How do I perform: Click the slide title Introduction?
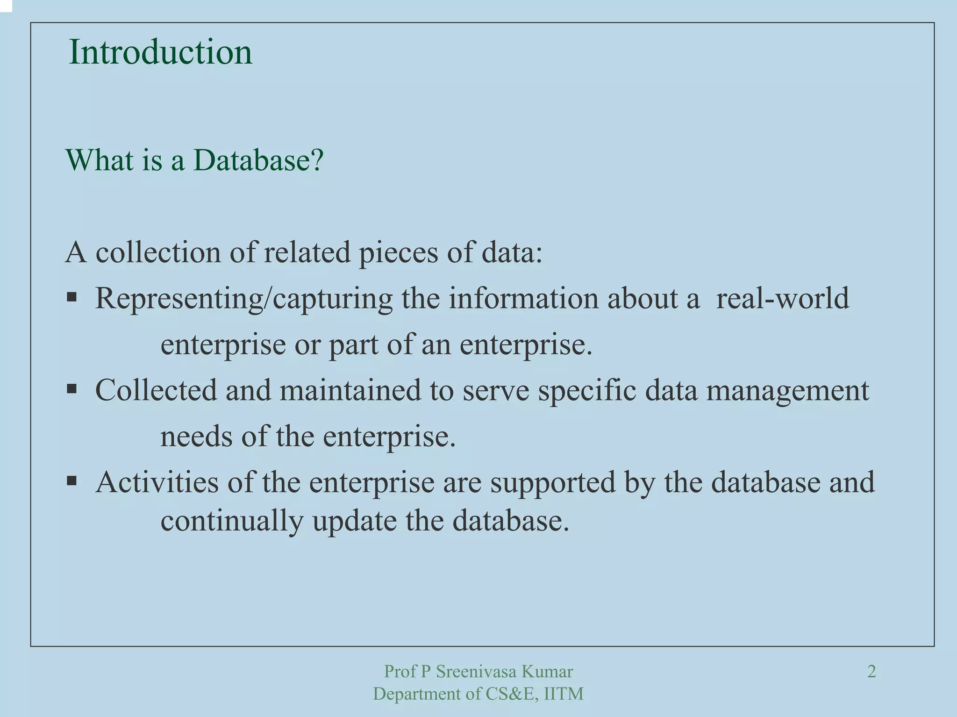160,52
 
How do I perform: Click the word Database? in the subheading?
258,160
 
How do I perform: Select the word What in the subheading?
100,160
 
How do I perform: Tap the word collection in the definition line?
158,252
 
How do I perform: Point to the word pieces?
398,253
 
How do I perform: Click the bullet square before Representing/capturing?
71,297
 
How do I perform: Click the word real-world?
782,298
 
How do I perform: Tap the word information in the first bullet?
524,298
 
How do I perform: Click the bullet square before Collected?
71,388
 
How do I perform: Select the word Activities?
157,482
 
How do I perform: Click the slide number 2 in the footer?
871,672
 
